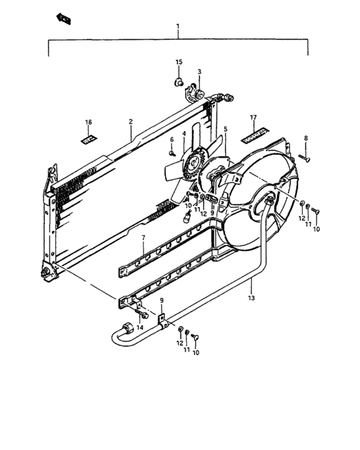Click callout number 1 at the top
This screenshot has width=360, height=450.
[x=178, y=27]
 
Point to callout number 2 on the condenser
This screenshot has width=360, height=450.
[x=130, y=122]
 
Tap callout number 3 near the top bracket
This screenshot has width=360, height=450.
[x=199, y=71]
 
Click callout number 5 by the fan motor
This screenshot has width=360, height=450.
[x=226, y=129]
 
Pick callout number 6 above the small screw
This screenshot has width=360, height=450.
[x=172, y=140]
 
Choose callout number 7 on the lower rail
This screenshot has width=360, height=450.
[x=143, y=238]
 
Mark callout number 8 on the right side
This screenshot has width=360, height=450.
[x=306, y=138]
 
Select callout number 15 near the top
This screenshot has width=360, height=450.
[x=179, y=62]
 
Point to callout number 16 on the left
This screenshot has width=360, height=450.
[x=89, y=122]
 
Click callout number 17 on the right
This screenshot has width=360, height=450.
[x=253, y=118]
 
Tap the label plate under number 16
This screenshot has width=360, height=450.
[x=89, y=138]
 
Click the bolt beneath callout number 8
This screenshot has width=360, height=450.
[x=305, y=156]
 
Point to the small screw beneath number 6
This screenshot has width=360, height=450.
[x=172, y=153]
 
